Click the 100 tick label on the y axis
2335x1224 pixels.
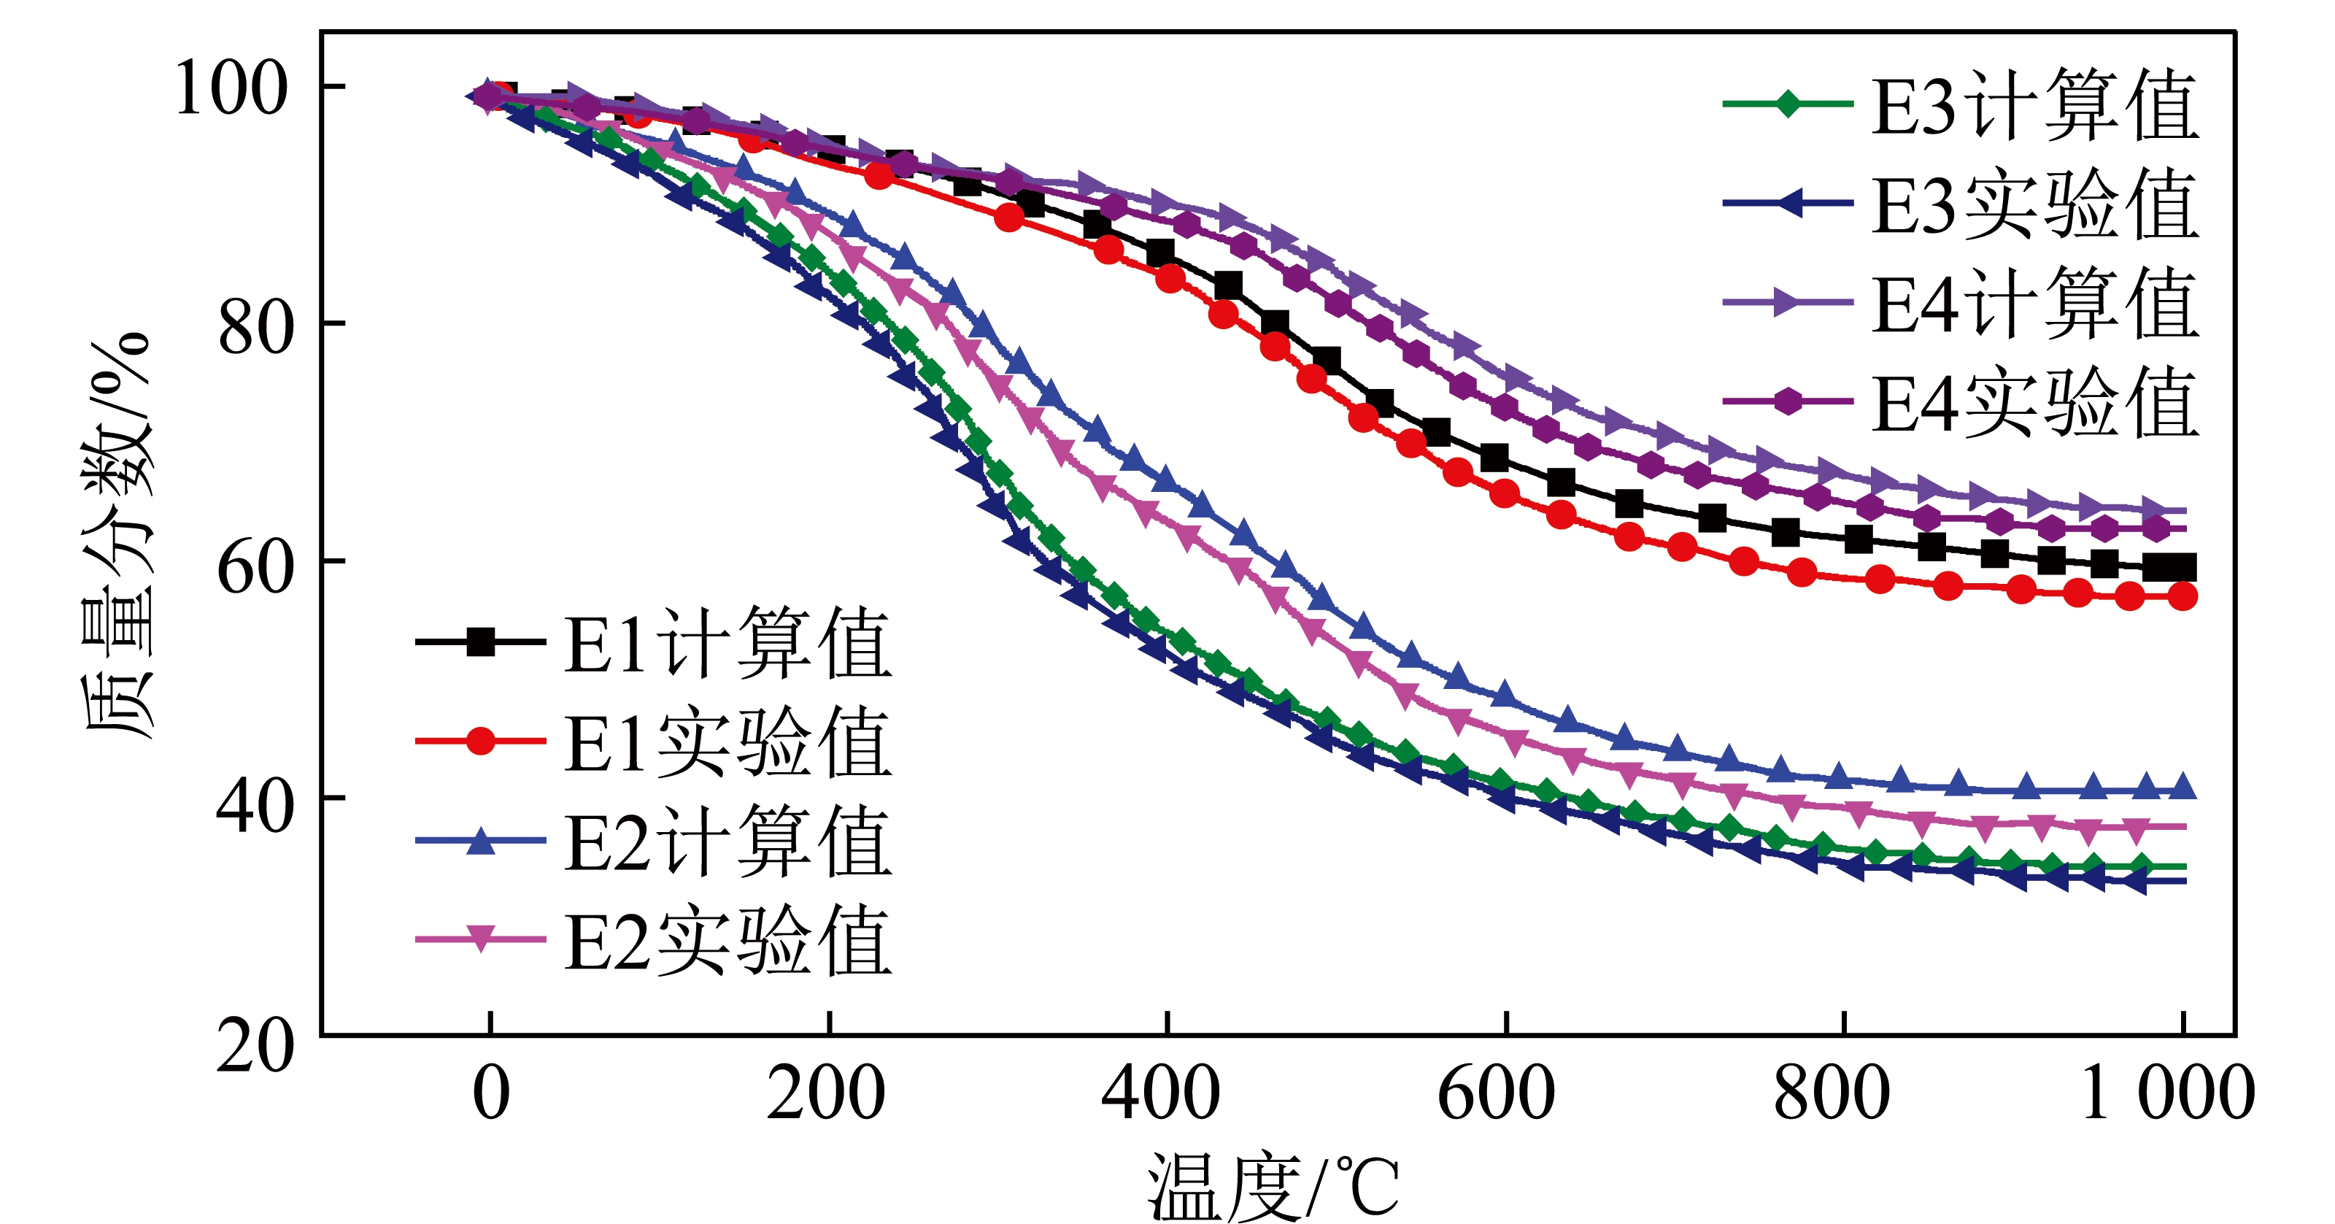231,88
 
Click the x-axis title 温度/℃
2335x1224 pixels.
1273,1188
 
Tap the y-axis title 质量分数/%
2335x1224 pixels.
117,535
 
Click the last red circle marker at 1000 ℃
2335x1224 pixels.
2182,596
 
